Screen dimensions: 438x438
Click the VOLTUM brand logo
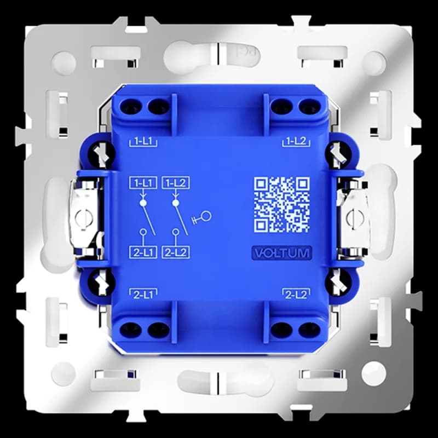(281, 253)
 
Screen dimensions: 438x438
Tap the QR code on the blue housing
(281, 205)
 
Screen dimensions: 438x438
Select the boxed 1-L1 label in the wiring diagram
(143, 183)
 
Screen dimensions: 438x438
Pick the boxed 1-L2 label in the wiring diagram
(175, 183)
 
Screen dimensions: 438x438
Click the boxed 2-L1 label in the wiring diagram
(143, 252)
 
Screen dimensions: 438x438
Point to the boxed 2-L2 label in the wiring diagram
(175, 252)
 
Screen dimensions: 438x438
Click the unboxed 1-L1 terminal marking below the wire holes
(143, 142)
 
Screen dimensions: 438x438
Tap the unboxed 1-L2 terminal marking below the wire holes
(296, 142)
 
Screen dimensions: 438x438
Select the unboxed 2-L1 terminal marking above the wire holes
(143, 294)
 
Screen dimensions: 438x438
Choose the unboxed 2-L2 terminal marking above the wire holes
(296, 294)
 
